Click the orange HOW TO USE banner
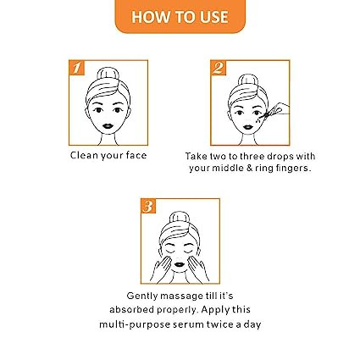point(180,16)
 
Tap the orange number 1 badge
point(77,68)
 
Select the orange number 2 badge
point(219,68)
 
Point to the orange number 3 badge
point(148,206)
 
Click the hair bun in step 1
point(108,74)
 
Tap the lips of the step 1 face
point(108,125)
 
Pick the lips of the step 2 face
point(248,126)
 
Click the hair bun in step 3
point(180,218)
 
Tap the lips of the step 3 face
point(180,264)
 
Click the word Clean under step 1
point(83,155)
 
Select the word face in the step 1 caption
point(136,155)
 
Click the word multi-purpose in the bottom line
point(135,324)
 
